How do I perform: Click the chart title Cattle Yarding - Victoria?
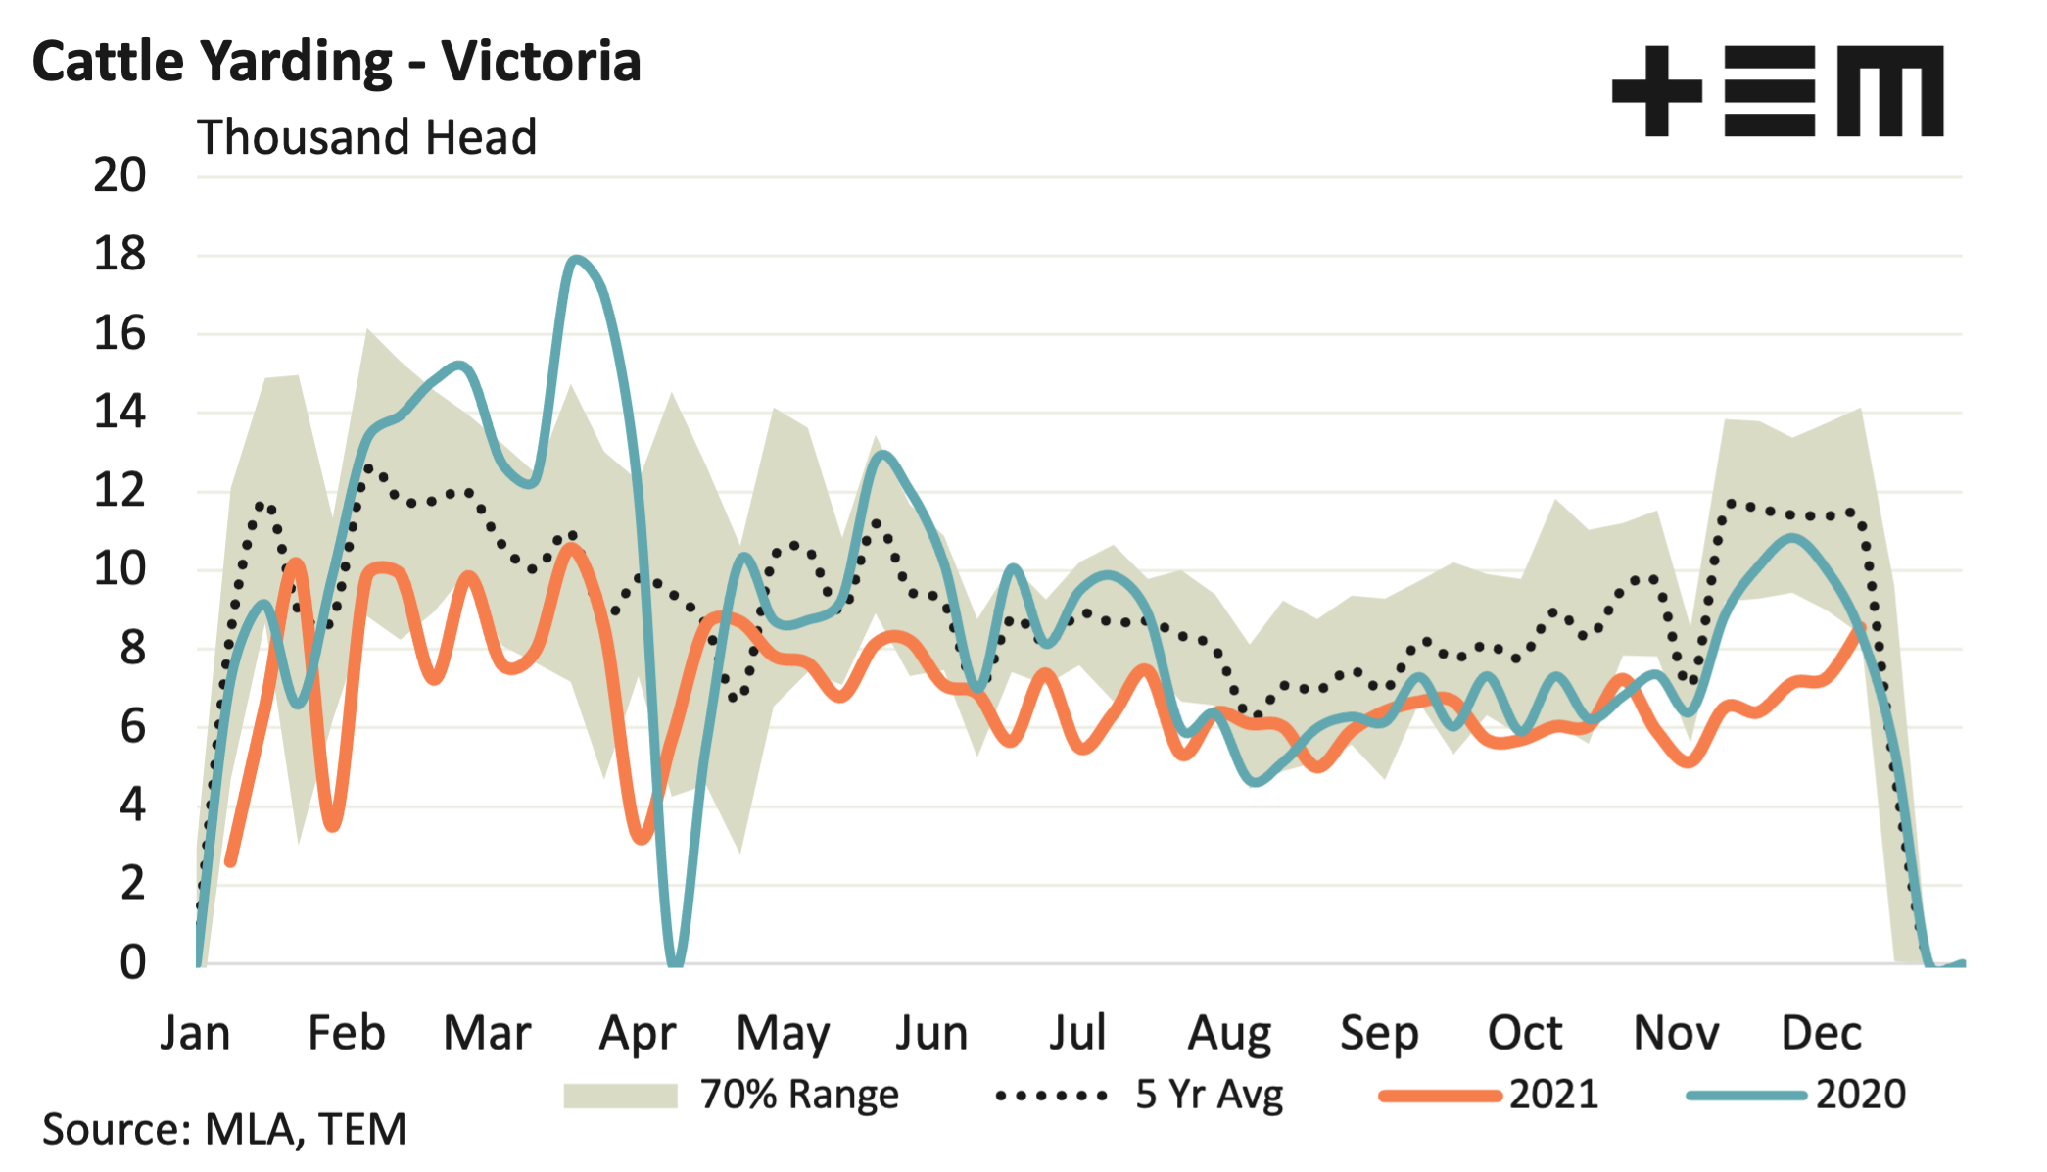tap(336, 61)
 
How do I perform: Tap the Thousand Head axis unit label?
tap(367, 137)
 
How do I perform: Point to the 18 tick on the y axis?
tap(119, 255)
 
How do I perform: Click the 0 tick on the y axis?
tap(132, 963)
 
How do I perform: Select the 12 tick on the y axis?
tap(119, 491)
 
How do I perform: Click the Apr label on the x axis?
tap(638, 1033)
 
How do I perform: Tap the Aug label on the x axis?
tap(1229, 1033)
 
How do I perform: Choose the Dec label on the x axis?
tap(1821, 1033)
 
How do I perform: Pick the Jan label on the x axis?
tap(195, 1033)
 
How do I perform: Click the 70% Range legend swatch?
tap(620, 1095)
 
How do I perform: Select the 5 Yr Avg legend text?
tap(1209, 1095)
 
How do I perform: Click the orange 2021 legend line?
tap(1440, 1096)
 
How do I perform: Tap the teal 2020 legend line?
tap(1746, 1096)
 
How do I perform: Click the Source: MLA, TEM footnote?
tap(224, 1129)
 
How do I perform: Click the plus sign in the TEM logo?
tap(1656, 91)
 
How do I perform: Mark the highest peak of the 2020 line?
tap(577, 260)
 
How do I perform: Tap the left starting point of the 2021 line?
tap(230, 862)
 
